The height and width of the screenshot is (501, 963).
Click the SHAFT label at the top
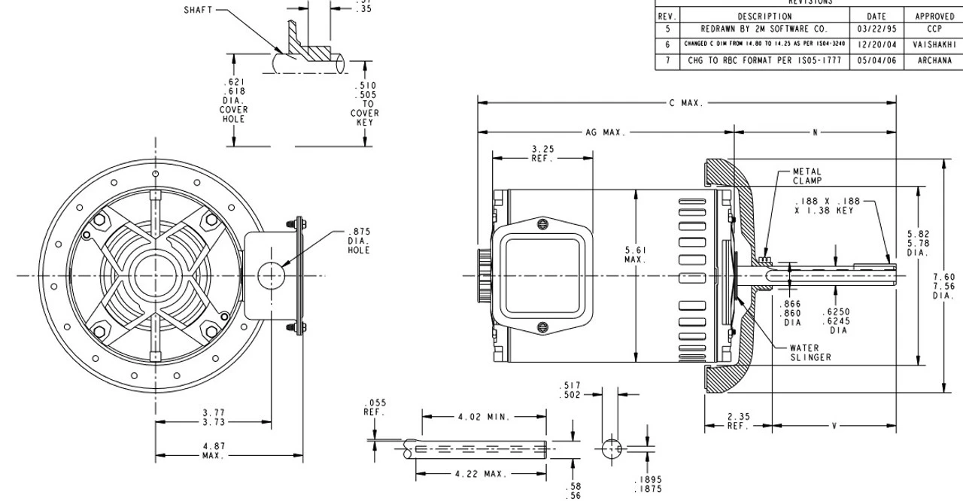199,11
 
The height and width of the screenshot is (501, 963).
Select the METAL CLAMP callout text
807,176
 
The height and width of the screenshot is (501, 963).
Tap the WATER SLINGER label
810,353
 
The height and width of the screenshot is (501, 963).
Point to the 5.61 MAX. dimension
636,254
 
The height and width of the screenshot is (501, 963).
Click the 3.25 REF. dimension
542,153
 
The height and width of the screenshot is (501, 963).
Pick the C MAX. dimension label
685,102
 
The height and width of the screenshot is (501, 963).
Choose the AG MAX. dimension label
606,132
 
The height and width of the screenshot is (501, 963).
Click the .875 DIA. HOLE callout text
359,241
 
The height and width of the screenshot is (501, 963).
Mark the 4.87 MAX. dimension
214,451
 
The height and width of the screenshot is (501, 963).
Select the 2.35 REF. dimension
738,421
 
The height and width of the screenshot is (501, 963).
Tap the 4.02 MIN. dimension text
484,416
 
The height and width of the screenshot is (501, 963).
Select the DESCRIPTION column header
764,16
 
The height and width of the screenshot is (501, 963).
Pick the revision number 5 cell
667,29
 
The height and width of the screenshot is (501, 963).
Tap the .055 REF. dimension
375,408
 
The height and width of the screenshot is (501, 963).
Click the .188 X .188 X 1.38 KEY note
825,206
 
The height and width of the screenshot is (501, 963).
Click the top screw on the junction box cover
542,223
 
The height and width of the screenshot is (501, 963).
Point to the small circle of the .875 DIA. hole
272,275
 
